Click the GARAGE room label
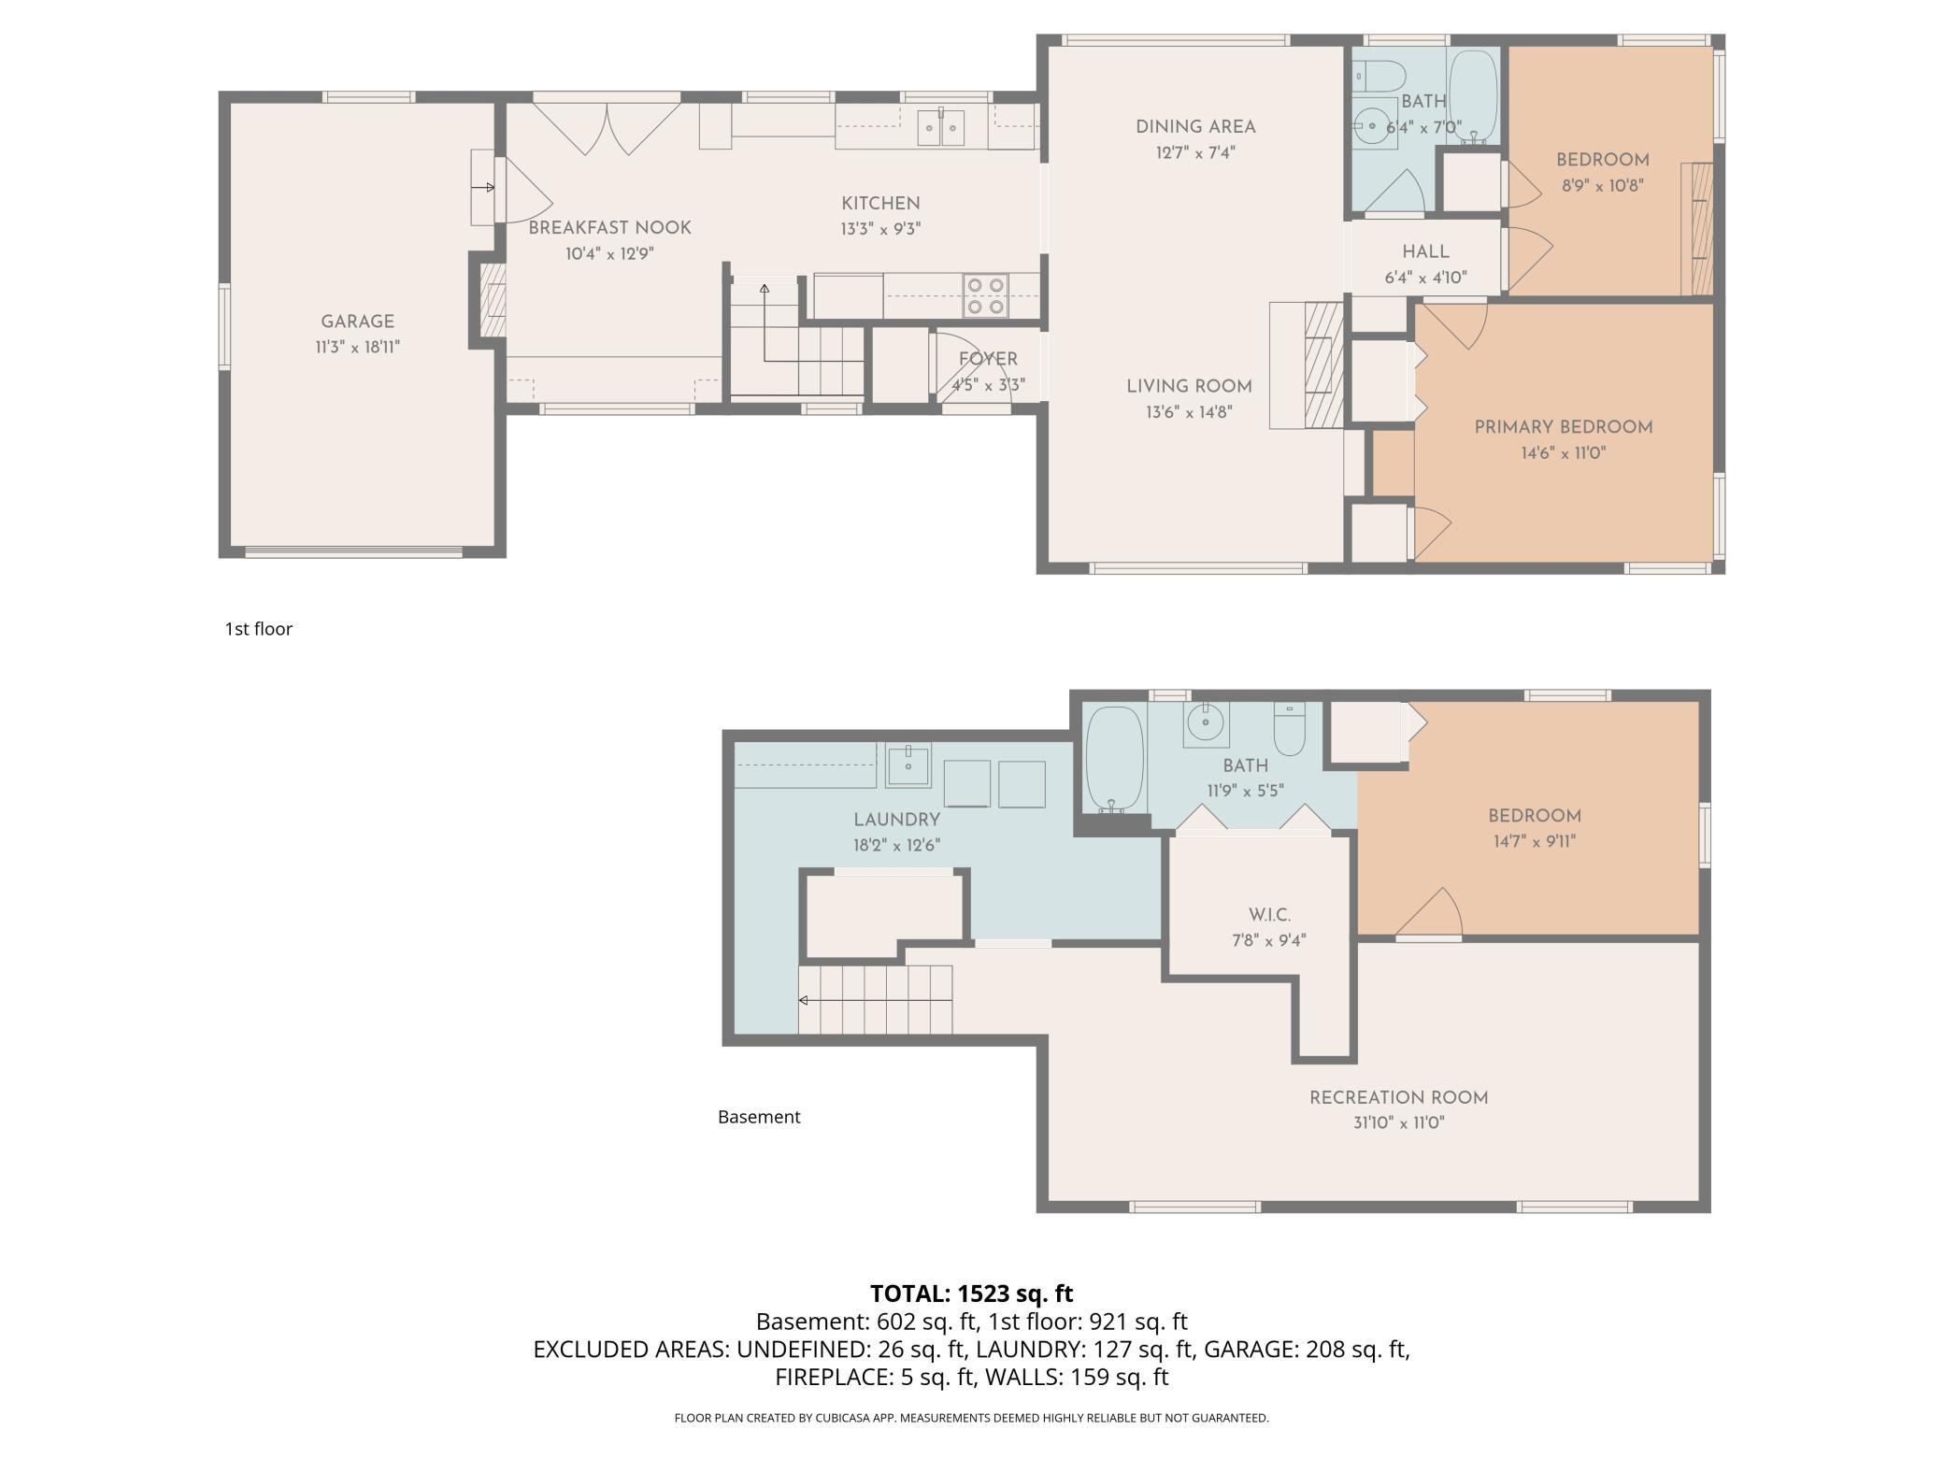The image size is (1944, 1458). point(357,322)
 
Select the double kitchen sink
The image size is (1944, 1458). point(940,127)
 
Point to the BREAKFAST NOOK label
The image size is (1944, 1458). point(609,228)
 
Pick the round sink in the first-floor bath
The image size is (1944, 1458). point(1372,122)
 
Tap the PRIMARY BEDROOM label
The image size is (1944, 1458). point(1564,427)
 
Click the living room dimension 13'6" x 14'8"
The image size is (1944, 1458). point(1189,411)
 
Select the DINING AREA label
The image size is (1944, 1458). point(1195,127)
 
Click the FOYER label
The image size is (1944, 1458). point(988,359)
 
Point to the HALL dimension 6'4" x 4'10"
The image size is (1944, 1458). point(1425,278)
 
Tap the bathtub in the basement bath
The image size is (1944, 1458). point(1114,759)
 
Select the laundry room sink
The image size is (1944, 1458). point(908,765)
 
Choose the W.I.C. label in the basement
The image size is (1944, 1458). point(1269,915)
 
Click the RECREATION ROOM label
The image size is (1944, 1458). point(1398,1098)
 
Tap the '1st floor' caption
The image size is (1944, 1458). point(259,629)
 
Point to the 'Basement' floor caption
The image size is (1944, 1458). point(759,1117)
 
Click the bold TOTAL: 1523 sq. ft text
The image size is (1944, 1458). point(972,1294)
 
